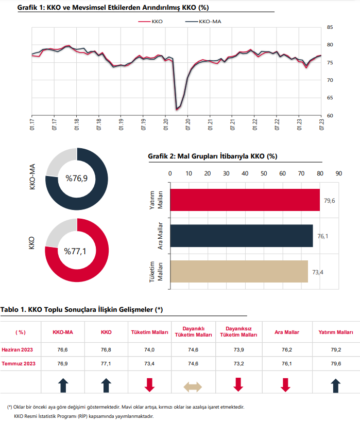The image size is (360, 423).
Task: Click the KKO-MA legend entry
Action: [x=203, y=22]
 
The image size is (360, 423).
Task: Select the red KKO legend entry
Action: [x=150, y=22]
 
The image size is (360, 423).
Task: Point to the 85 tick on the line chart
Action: [x=330, y=27]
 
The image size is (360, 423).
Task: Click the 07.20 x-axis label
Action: [x=188, y=125]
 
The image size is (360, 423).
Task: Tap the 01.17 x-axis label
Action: [x=32, y=125]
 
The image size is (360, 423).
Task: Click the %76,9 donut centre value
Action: [x=76, y=179]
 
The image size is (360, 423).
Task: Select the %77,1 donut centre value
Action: [x=75, y=252]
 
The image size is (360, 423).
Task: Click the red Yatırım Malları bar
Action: [x=245, y=200]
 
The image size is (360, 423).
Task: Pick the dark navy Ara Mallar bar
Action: [x=242, y=236]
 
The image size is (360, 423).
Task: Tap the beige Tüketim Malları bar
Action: [x=239, y=271]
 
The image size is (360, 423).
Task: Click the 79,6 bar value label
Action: [x=330, y=201]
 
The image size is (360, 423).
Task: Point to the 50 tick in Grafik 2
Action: [x=264, y=173]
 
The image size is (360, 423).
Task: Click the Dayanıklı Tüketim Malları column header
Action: [x=193, y=332]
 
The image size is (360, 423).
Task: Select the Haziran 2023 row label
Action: [x=18, y=350]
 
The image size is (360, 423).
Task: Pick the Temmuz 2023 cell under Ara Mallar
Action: [x=287, y=364]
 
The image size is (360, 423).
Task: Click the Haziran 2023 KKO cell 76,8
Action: [x=106, y=350]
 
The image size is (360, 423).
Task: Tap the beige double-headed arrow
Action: [x=193, y=387]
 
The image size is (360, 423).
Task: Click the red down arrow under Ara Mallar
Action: [x=285, y=385]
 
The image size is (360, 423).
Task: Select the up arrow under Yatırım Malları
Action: [x=335, y=385]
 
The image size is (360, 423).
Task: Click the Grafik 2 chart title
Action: [x=213, y=156]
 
